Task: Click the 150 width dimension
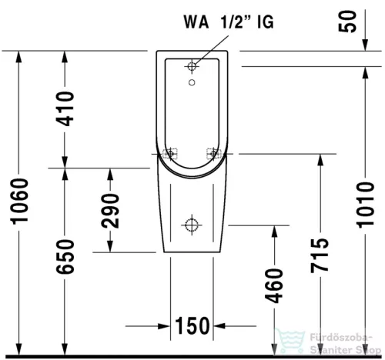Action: (192, 326)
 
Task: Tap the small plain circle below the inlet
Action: (192, 81)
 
